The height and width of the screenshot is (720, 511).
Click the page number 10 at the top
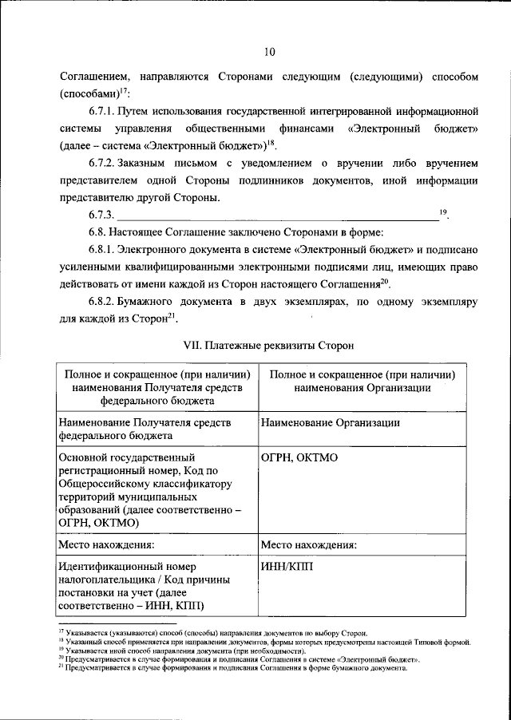(269, 52)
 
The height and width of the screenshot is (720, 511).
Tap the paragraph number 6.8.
(97, 232)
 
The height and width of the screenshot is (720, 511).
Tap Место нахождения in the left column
(106, 545)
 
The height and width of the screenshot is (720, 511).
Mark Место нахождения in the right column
(308, 545)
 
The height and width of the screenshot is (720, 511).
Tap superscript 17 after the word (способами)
(125, 91)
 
